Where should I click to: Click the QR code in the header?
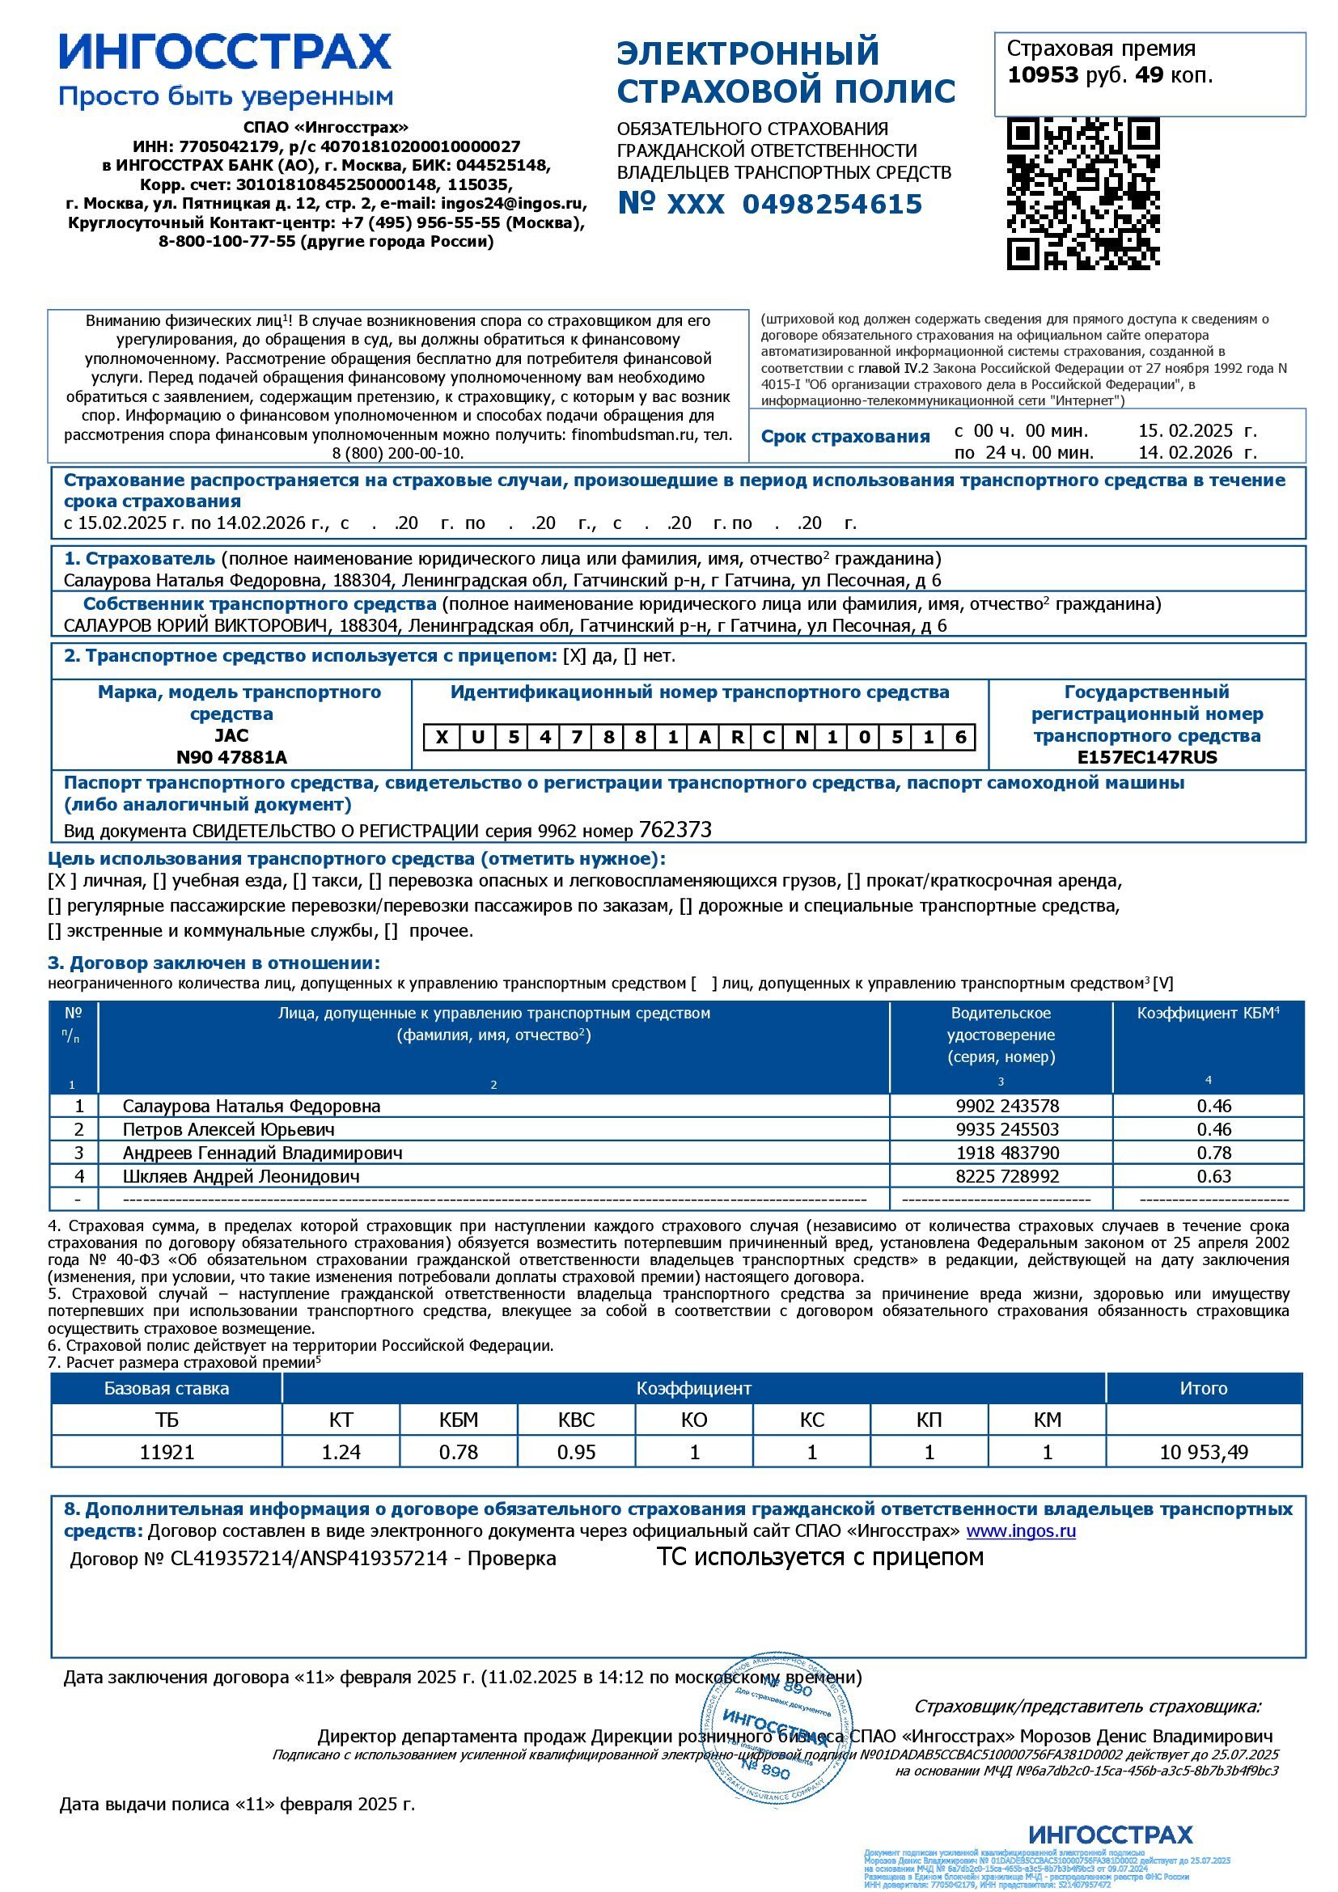coord(1083,193)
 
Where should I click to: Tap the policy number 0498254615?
coord(832,205)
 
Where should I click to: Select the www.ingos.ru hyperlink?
coord(1021,1531)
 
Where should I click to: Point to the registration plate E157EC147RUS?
coord(1147,757)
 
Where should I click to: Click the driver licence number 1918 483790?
coord(1007,1153)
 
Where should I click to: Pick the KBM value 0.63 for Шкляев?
coord(1213,1176)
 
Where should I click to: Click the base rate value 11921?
coord(167,1452)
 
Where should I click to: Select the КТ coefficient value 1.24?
coord(341,1452)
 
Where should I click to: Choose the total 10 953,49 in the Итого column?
coord(1203,1452)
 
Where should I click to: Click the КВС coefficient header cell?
coord(576,1420)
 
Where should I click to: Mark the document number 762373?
coord(675,830)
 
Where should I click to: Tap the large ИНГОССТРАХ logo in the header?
coord(225,52)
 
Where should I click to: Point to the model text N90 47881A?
coord(231,757)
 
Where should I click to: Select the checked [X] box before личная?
coord(62,881)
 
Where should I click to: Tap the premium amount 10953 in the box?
coord(1042,75)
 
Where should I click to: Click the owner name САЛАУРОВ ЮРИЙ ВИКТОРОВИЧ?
coord(195,625)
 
